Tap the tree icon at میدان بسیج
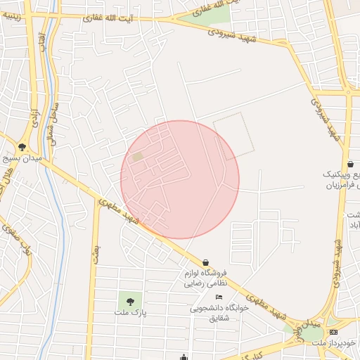(x=22, y=148)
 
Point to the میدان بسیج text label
(x=22, y=160)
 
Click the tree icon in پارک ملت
(x=129, y=301)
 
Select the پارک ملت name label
(x=129, y=311)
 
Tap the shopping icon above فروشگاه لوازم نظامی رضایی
(x=205, y=262)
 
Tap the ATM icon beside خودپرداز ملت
(x=333, y=331)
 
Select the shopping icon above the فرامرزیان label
(x=349, y=164)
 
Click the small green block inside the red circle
(x=137, y=157)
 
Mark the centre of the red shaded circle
(x=180, y=179)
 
